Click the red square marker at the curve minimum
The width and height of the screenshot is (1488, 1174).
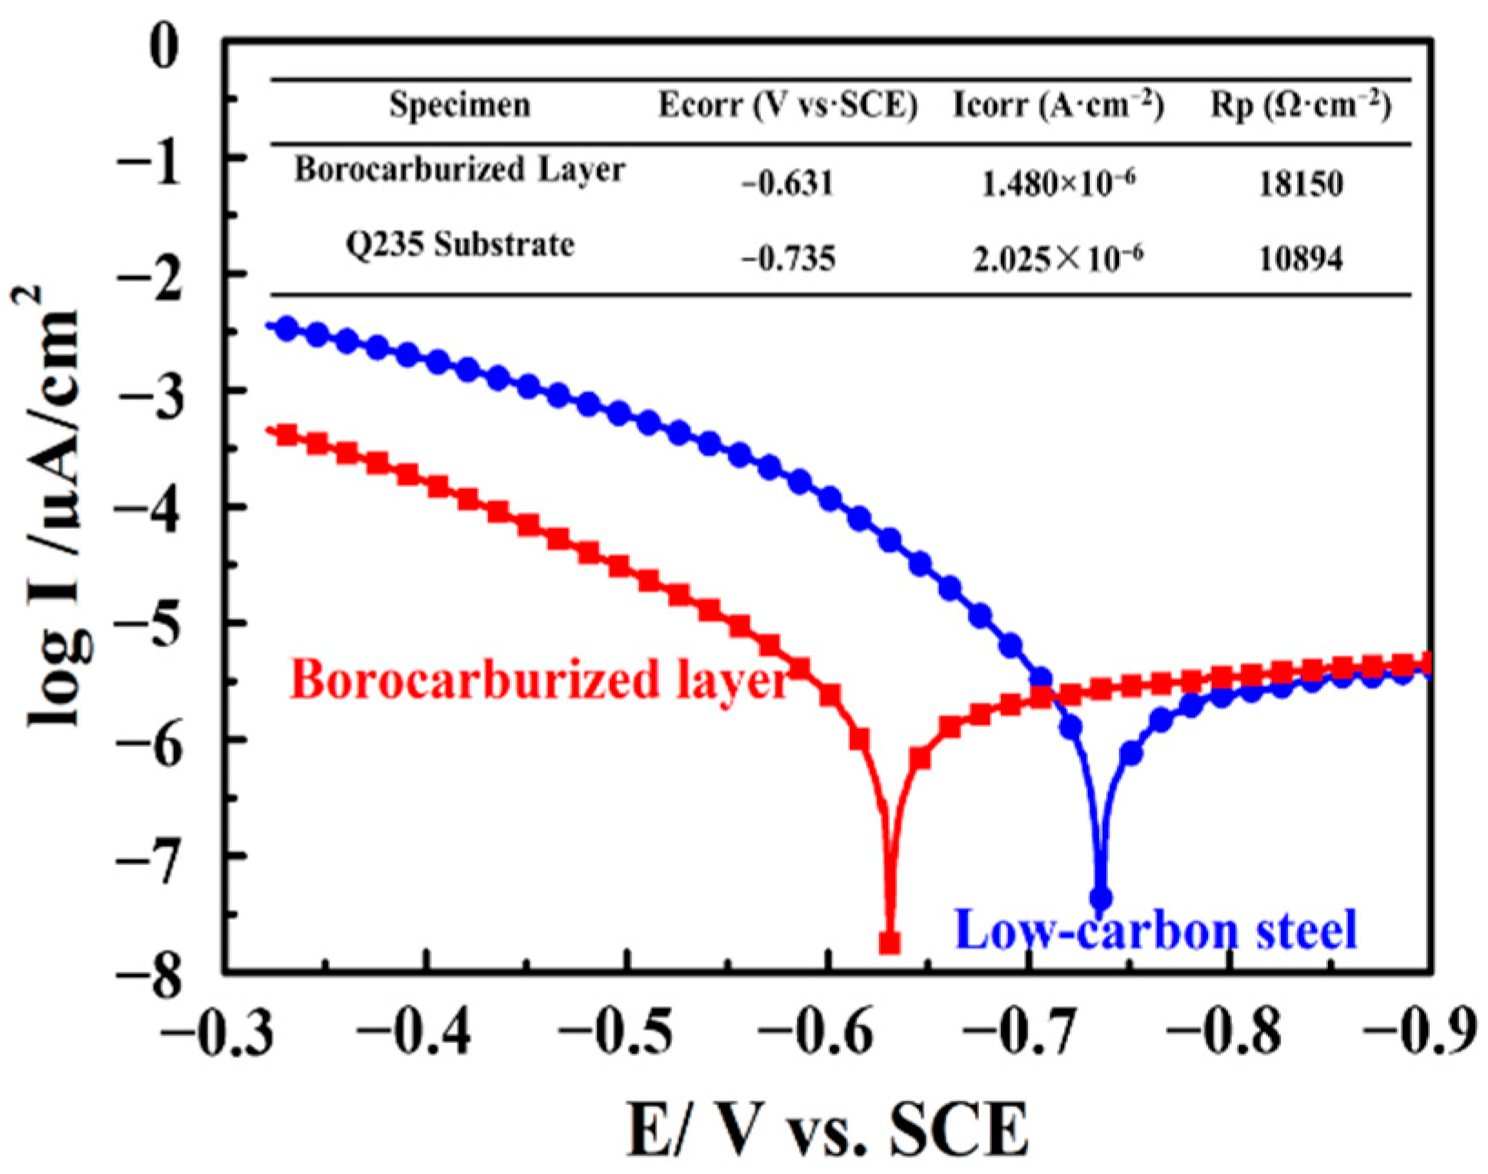click(890, 943)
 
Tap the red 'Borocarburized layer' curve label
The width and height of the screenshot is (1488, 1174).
click(539, 680)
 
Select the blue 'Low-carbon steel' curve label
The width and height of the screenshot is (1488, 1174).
click(1156, 930)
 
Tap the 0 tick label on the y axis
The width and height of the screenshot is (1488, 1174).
click(165, 45)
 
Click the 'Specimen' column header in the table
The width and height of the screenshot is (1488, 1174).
click(460, 105)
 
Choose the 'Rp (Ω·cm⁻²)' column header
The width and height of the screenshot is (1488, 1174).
click(1301, 105)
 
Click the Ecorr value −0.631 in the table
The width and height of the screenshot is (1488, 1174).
click(787, 184)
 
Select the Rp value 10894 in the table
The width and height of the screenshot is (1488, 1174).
click(1301, 260)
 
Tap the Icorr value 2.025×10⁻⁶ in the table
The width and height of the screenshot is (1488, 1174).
click(1058, 260)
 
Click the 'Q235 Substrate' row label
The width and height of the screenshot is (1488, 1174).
click(460, 244)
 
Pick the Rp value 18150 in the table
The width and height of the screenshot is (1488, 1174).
click(1301, 184)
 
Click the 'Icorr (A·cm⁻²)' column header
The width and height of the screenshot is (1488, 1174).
click(1058, 105)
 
